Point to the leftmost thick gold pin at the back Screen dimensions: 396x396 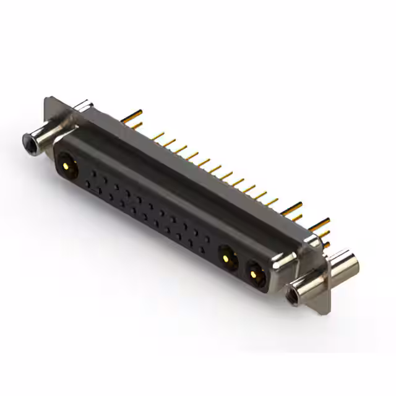(131, 116)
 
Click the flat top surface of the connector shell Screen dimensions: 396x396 (186, 167)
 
